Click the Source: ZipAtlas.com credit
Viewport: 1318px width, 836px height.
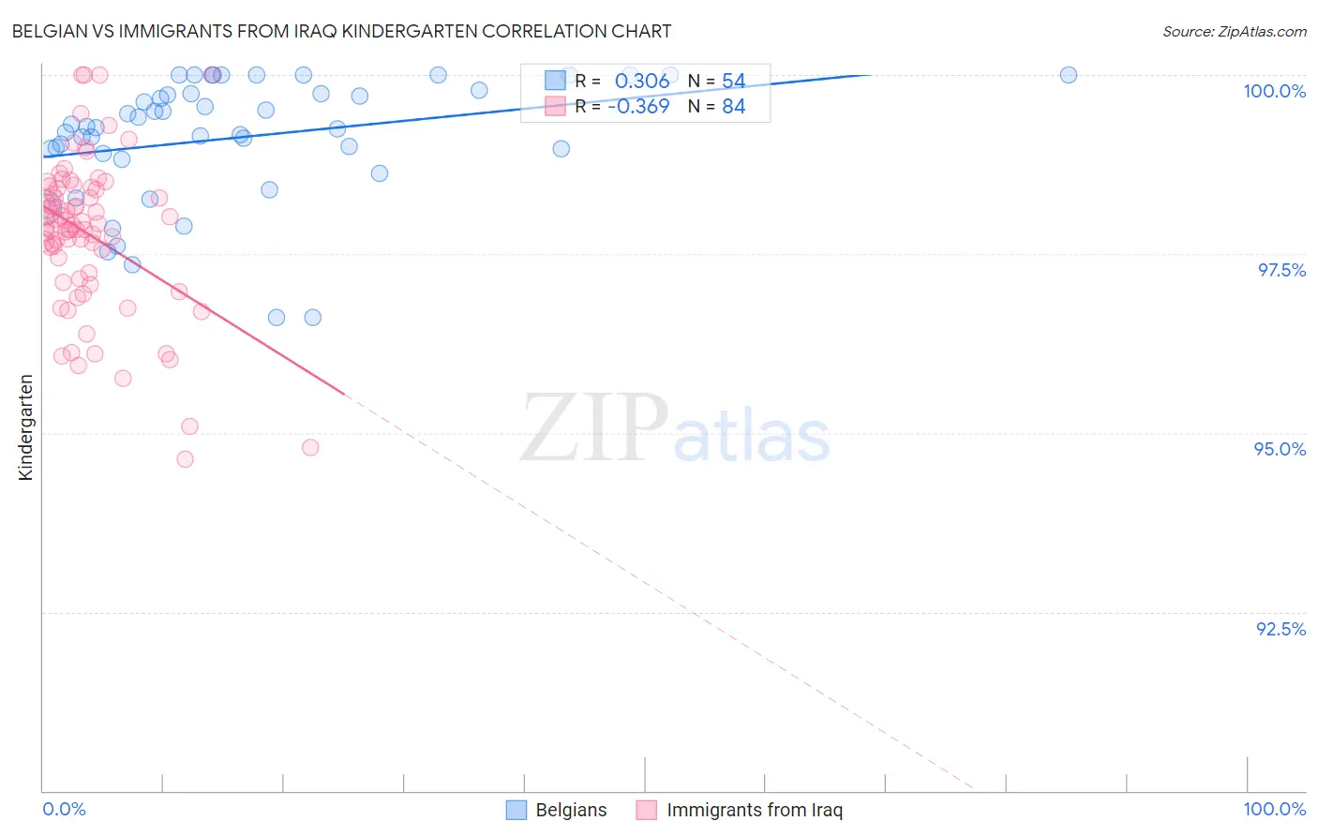1234,31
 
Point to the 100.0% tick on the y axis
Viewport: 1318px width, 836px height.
1274,91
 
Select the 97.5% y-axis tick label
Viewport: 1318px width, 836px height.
1281,270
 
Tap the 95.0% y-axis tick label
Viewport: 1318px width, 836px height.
1280,449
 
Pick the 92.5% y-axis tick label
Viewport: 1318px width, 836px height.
1281,629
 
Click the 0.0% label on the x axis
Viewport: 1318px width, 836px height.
64,809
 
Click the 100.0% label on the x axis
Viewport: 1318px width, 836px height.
1274,809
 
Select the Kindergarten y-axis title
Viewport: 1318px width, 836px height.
26,427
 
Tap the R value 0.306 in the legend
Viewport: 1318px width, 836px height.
642,82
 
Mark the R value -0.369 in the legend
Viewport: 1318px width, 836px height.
638,107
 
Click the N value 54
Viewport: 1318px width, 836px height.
733,82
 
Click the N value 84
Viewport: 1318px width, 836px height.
733,107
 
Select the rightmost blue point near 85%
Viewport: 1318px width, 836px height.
1068,75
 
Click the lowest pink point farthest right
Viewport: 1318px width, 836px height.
310,447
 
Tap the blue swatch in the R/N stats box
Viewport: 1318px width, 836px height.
555,81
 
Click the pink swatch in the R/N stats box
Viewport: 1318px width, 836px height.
555,106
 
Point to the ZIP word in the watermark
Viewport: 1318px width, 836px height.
593,428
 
